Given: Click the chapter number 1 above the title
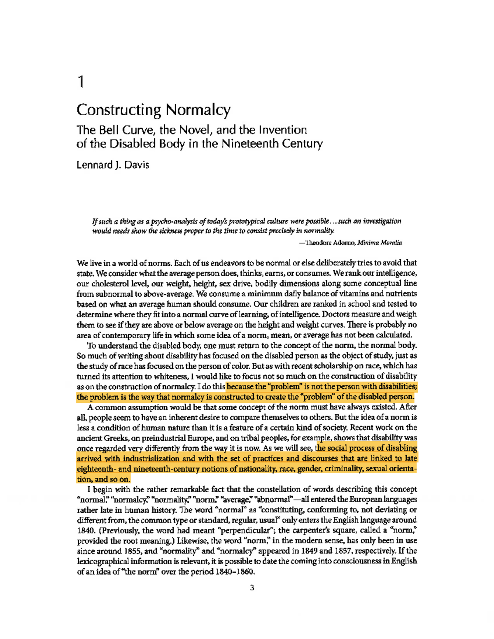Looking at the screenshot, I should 81,82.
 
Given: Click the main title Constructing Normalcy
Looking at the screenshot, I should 153,110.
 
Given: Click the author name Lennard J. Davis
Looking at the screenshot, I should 113,165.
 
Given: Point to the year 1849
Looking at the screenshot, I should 309,551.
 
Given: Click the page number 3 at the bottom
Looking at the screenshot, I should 252,588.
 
